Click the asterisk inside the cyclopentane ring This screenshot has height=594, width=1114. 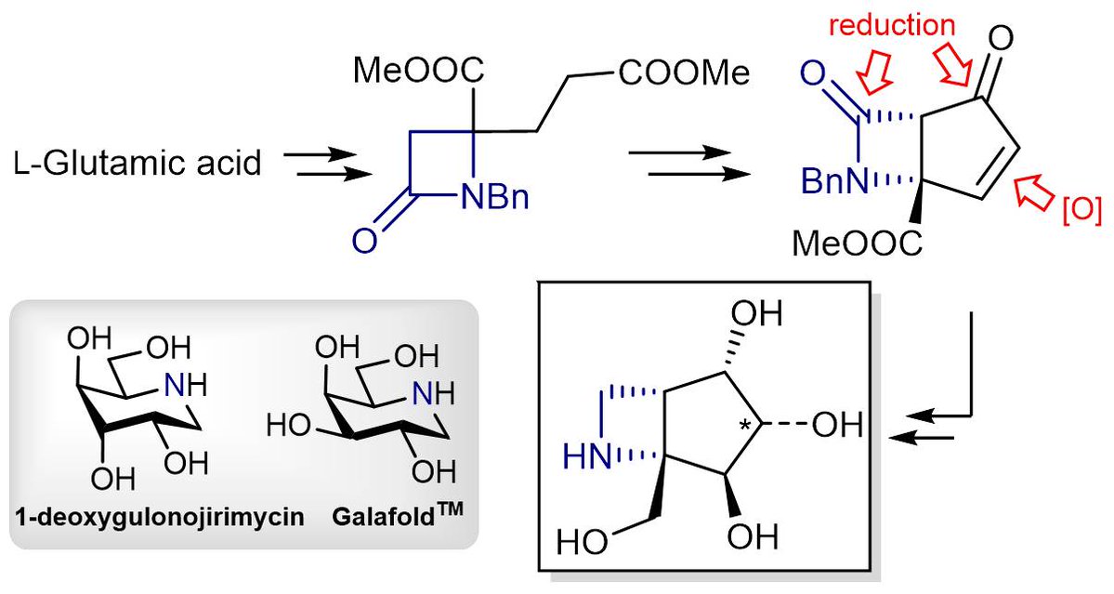pyautogui.click(x=742, y=425)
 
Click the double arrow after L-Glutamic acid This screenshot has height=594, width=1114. pyautogui.click(x=319, y=165)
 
